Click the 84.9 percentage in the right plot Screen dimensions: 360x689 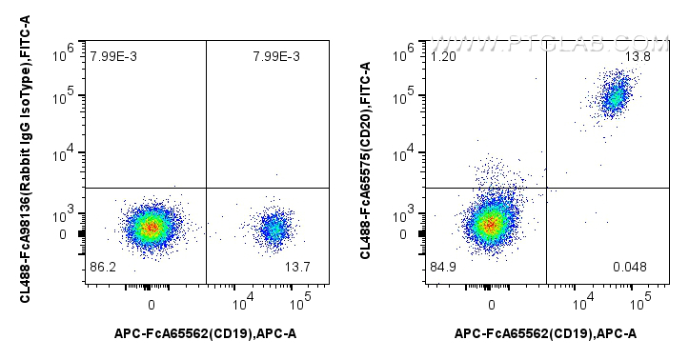pos(442,266)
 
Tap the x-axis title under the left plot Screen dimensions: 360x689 pos(206,332)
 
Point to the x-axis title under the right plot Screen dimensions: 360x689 pos(545,332)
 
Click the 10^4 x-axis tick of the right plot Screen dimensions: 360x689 pos(582,304)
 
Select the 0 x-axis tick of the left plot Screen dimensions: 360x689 pos(152,304)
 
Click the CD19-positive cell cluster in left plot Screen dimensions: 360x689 pos(274,228)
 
